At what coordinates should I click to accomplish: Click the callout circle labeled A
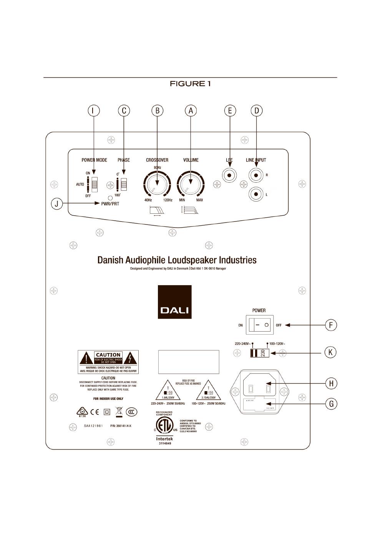click(191, 111)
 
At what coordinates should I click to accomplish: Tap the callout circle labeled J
click(57, 203)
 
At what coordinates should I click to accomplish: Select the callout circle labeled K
click(330, 352)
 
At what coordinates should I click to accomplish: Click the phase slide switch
click(123, 184)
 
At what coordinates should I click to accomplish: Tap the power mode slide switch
click(94, 184)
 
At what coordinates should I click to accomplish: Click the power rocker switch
click(260, 325)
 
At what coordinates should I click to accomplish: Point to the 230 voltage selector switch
click(259, 353)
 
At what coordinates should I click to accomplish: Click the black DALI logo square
click(174, 302)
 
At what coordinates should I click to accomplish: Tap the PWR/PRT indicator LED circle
click(110, 198)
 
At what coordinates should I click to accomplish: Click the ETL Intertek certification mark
click(164, 427)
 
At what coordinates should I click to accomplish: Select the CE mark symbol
click(95, 412)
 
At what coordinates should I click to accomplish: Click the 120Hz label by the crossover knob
click(168, 200)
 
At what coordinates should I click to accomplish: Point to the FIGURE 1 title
click(190, 84)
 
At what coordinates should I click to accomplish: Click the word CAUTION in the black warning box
click(108, 355)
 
